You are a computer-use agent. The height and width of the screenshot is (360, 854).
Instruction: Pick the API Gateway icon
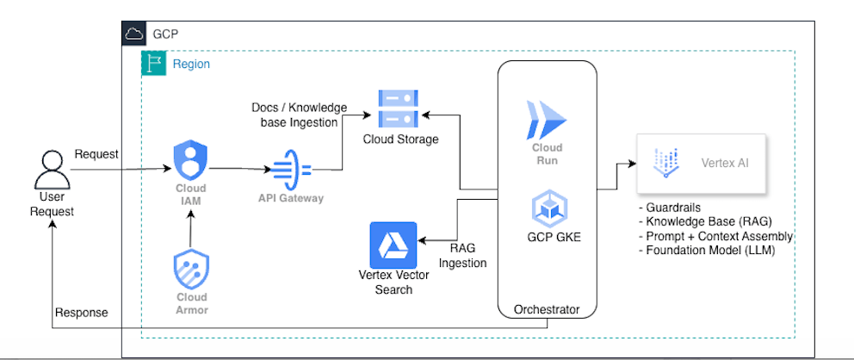pyautogui.click(x=291, y=169)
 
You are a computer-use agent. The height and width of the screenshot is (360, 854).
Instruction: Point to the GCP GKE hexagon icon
pyautogui.click(x=548, y=208)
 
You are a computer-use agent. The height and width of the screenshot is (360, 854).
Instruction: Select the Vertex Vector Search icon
pyautogui.click(x=393, y=245)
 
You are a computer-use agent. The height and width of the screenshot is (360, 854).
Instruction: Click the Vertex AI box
pyautogui.click(x=702, y=163)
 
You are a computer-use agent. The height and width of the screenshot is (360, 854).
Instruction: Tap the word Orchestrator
pyautogui.click(x=547, y=309)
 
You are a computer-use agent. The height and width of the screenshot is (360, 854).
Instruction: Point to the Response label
pyautogui.click(x=81, y=312)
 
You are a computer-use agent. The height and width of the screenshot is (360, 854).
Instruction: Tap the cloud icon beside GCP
pyautogui.click(x=133, y=34)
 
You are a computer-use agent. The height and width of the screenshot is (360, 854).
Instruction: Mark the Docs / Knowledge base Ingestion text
pyautogui.click(x=299, y=115)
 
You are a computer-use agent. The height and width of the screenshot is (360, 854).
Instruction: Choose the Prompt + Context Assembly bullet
pyautogui.click(x=715, y=236)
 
